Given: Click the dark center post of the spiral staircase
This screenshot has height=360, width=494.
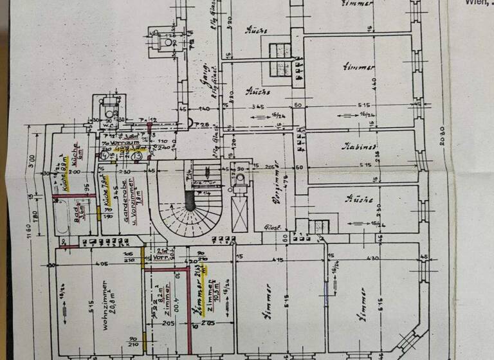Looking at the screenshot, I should (x=190, y=203).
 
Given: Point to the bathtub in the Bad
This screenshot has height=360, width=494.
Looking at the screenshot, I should (x=62, y=218).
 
